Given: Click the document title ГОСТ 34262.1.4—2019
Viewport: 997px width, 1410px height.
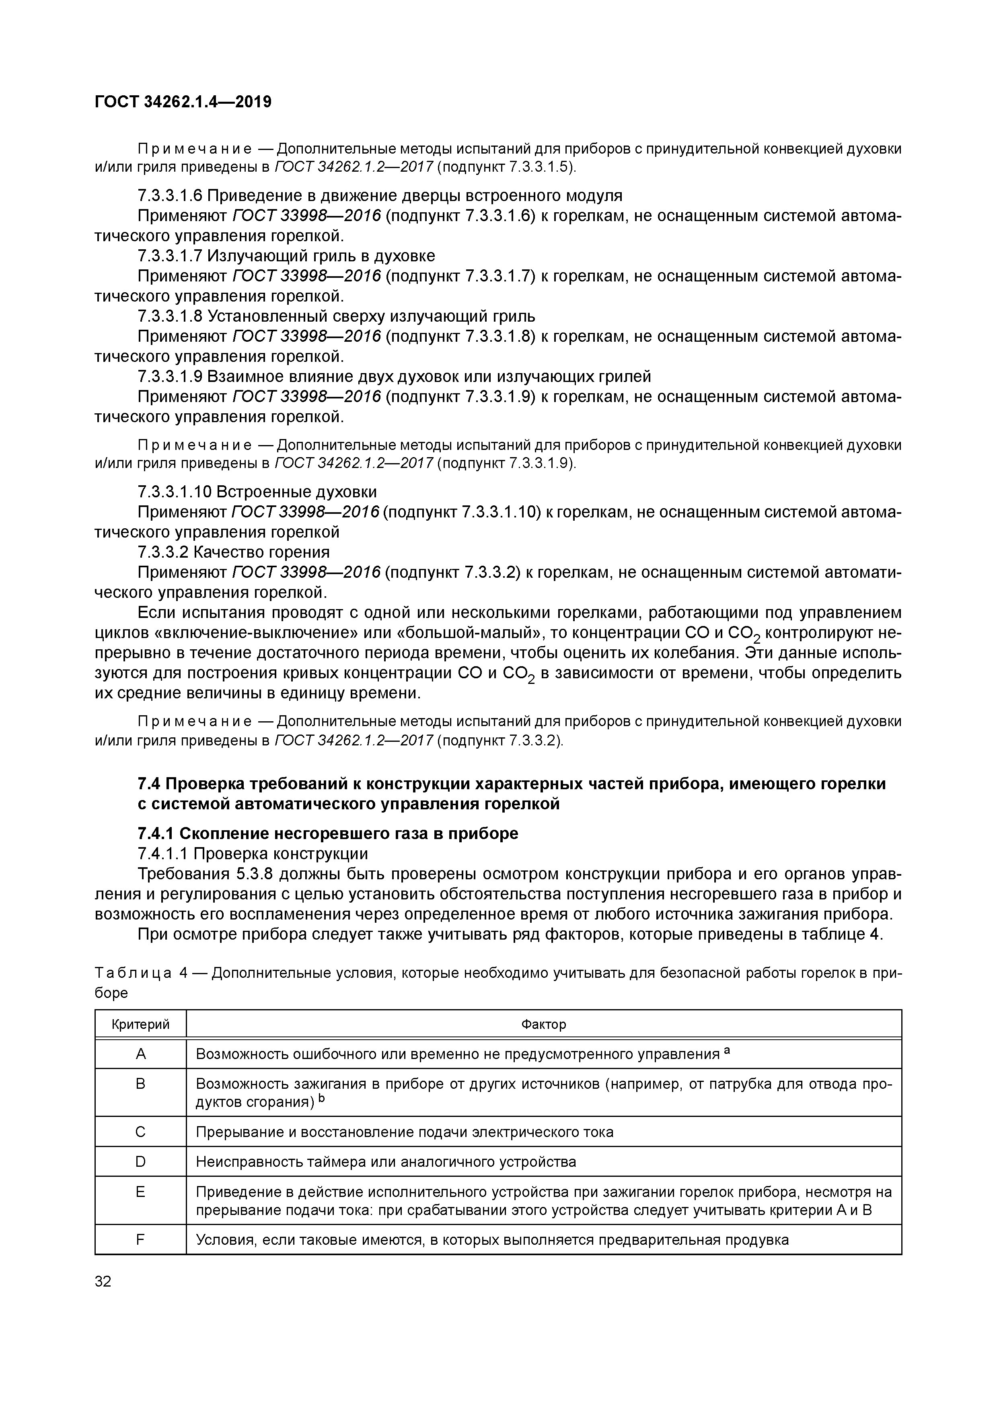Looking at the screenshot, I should (x=183, y=102).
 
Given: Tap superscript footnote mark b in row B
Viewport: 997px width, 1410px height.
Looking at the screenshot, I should (x=320, y=1099).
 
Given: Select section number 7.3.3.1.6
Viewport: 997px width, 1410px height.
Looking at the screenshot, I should (x=170, y=196).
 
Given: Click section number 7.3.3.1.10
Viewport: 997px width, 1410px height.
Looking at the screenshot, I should (x=175, y=492).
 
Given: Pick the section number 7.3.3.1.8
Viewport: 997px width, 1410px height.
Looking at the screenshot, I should (x=170, y=316).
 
